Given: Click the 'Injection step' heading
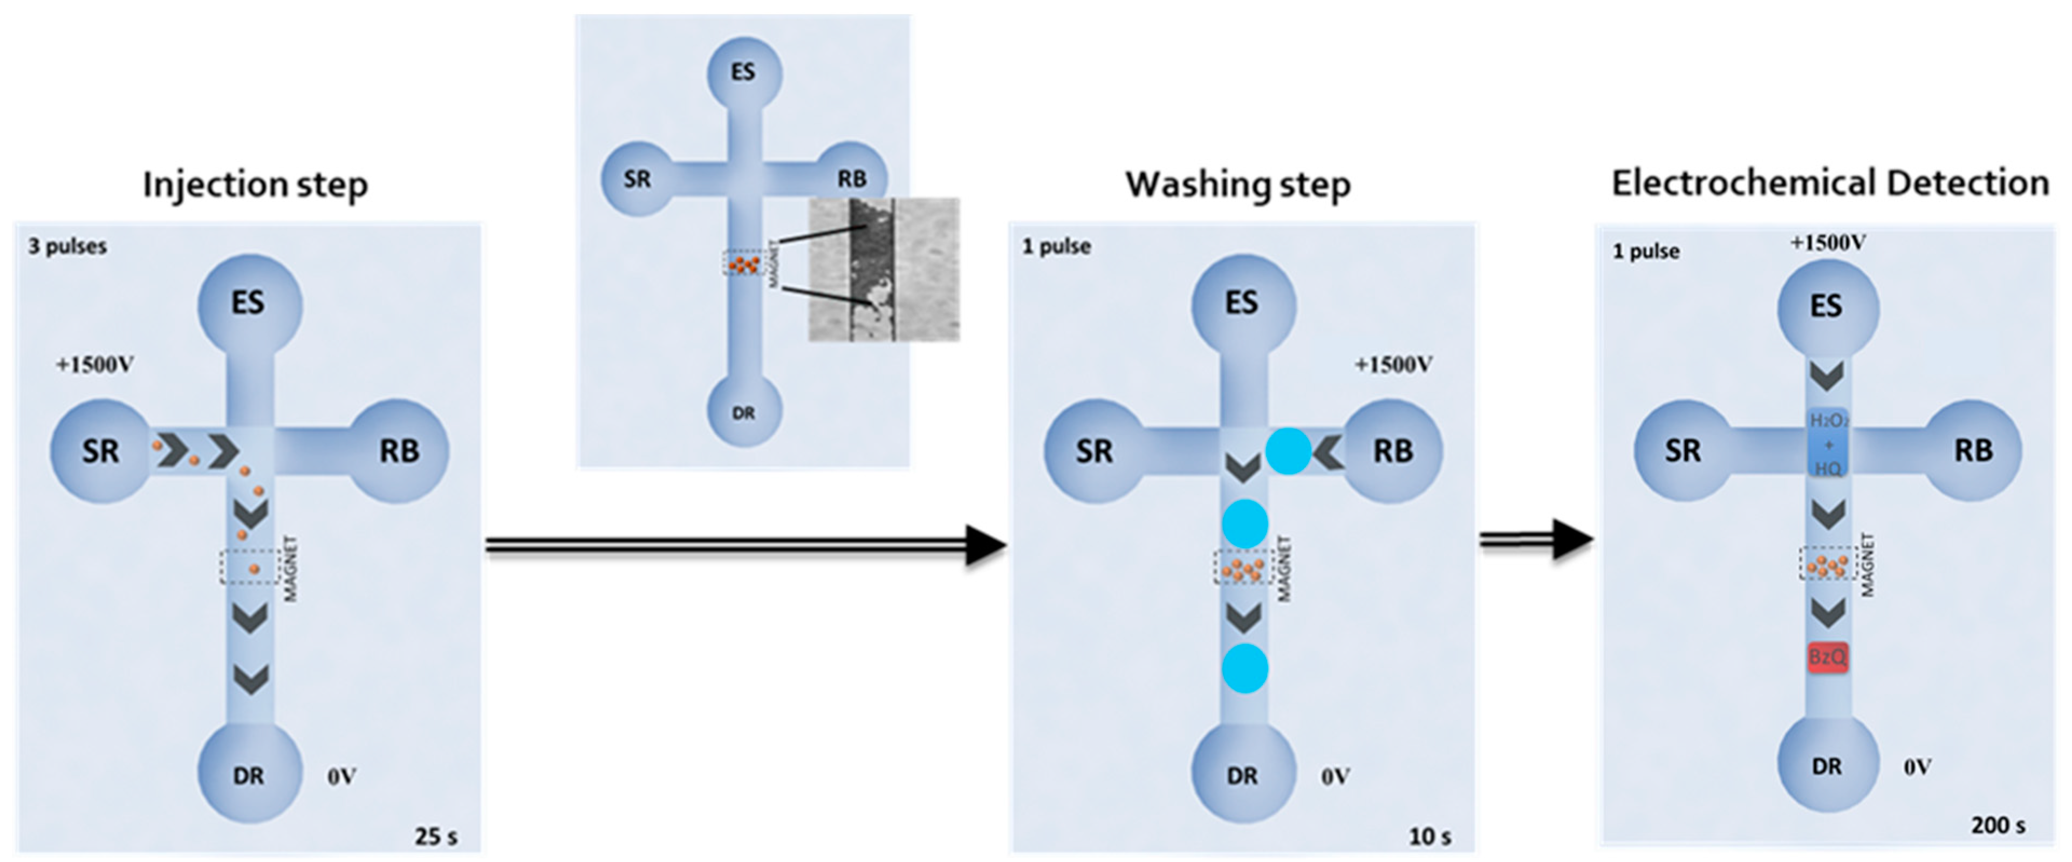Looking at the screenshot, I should [x=255, y=185].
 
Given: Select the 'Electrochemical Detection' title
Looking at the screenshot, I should [x=1830, y=183].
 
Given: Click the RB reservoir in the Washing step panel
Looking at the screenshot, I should [x=1392, y=451].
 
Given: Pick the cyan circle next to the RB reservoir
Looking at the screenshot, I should [x=1288, y=451].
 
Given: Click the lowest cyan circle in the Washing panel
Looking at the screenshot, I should [x=1245, y=668].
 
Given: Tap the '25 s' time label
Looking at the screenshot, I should [x=436, y=836].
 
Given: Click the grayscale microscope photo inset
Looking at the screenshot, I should [x=883, y=269].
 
